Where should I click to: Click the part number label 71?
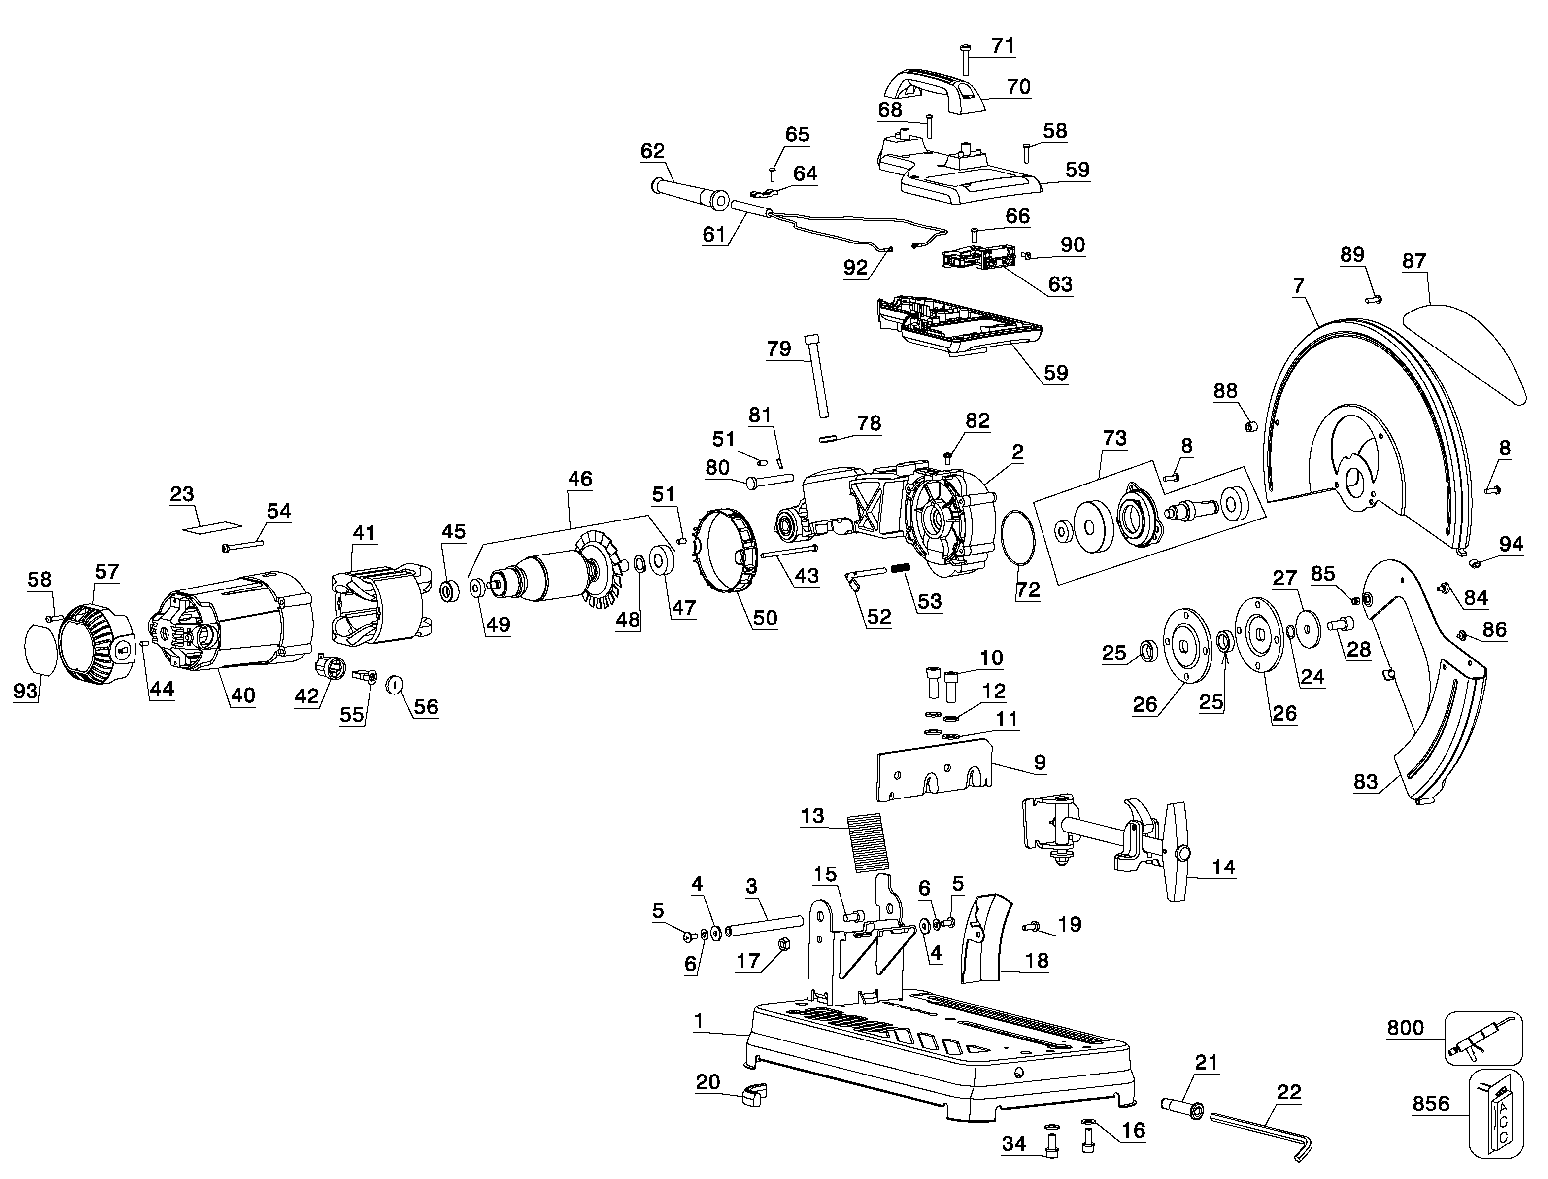pyautogui.click(x=1003, y=46)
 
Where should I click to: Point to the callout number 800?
pyautogui.click(x=1406, y=1028)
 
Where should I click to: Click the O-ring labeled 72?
pyautogui.click(x=1018, y=538)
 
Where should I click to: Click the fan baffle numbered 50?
pyautogui.click(x=726, y=553)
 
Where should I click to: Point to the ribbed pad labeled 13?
pyautogui.click(x=868, y=843)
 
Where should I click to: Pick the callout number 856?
pyautogui.click(x=1431, y=1104)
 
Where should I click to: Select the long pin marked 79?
pyautogui.click(x=818, y=376)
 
